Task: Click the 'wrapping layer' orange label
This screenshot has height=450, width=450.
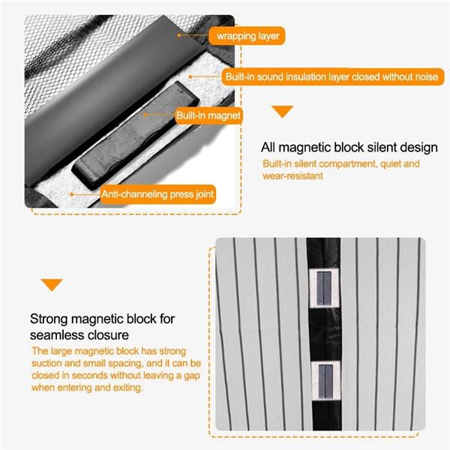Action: coord(247,36)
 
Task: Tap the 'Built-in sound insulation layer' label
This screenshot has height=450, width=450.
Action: coord(333,76)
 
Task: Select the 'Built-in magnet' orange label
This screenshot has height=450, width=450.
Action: coord(208,115)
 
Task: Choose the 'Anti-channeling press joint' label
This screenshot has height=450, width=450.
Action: coord(158,194)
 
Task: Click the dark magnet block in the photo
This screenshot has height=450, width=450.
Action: coord(135,136)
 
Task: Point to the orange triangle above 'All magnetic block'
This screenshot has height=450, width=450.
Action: coord(283,111)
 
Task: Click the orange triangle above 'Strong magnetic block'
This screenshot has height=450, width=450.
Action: coord(52,285)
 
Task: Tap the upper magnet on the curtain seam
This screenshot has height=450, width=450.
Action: coord(324,288)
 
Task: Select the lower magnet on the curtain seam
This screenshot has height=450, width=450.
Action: coord(325,381)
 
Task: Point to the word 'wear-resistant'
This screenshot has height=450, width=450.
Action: coord(293,175)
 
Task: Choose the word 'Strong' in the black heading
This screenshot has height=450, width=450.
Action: coord(49,319)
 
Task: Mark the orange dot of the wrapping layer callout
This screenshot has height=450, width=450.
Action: coord(178,35)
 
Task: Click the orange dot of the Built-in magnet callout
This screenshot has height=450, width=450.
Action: coord(145,115)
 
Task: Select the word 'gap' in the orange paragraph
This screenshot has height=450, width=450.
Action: coord(191,376)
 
